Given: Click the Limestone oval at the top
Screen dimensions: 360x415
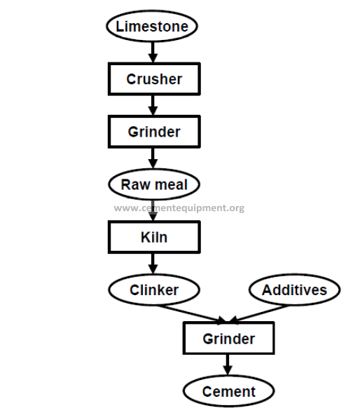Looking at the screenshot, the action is (152, 26).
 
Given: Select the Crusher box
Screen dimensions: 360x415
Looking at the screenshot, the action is (154, 79).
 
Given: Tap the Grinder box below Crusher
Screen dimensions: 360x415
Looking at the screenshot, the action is (154, 132).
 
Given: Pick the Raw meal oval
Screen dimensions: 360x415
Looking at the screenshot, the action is (154, 184).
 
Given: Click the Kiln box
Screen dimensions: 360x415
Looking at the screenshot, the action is (154, 237).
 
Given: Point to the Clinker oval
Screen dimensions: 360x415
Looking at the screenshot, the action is (154, 290).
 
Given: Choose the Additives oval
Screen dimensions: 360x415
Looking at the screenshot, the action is (294, 290).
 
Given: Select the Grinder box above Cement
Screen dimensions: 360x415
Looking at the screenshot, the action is (229, 339).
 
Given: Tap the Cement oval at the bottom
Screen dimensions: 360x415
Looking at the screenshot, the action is (229, 391).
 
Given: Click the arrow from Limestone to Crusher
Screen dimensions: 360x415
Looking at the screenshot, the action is (153, 52).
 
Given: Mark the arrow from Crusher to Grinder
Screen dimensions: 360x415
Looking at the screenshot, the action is (153, 105).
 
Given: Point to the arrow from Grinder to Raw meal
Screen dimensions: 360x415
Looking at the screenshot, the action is (153, 158).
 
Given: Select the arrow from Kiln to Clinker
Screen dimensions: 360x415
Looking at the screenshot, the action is (153, 264).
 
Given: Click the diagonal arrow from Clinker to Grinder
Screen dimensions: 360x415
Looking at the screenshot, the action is (191, 314).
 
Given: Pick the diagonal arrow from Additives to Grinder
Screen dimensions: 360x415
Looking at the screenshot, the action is (258, 314).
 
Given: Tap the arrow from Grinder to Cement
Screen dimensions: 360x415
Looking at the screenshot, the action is (228, 365).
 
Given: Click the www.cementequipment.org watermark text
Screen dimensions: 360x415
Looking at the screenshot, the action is (179, 208).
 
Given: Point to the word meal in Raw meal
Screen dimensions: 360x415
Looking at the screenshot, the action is (171, 184).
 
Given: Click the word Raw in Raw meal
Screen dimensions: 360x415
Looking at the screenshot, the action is (136, 184).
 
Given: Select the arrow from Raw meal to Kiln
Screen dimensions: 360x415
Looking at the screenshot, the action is (153, 210).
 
